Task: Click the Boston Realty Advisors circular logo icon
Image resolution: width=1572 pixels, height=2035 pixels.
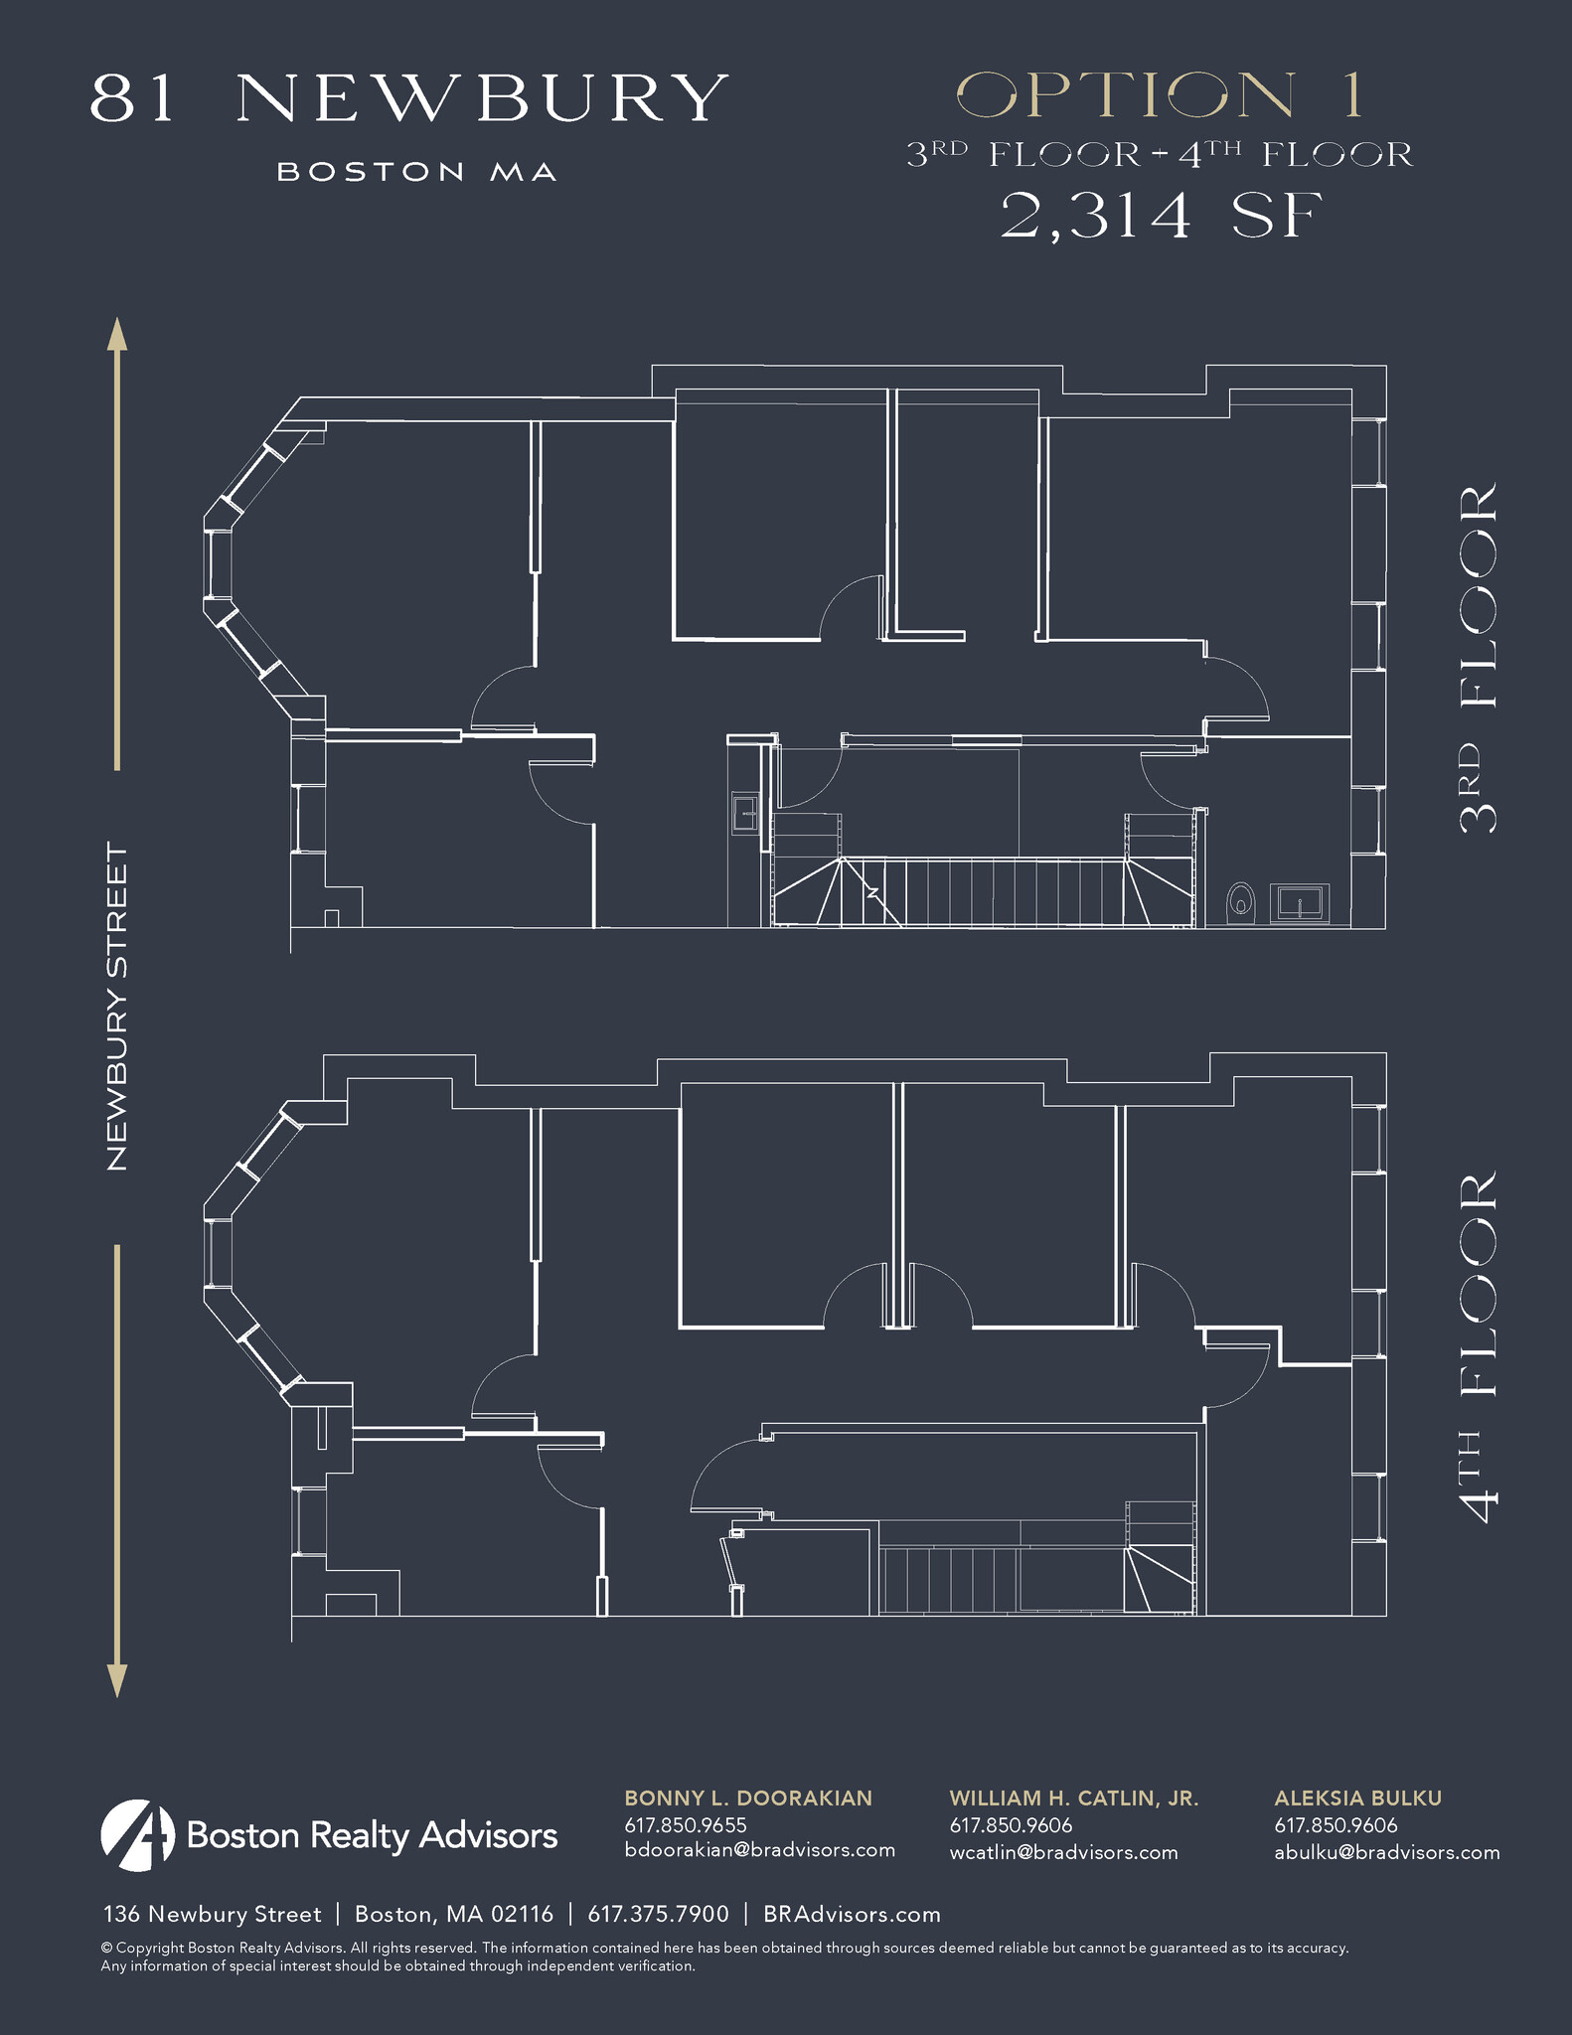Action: click(x=137, y=1834)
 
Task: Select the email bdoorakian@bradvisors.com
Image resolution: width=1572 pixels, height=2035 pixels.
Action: click(x=759, y=1850)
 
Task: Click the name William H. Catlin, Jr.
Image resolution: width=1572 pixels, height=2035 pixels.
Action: click(x=1073, y=1798)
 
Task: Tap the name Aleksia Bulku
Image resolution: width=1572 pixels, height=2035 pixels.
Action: click(x=1357, y=1798)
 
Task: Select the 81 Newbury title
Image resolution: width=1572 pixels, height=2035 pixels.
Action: click(x=409, y=98)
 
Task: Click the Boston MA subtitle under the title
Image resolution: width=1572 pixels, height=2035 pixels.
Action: click(x=415, y=173)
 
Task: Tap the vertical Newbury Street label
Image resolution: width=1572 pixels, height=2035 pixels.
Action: click(x=118, y=1007)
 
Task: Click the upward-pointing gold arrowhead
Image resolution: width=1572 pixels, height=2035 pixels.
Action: click(x=117, y=335)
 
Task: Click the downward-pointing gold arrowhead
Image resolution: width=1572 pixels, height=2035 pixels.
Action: click(x=117, y=1680)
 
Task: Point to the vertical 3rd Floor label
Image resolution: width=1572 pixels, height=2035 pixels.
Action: click(x=1479, y=657)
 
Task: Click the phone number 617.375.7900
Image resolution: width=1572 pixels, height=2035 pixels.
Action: click(x=658, y=1914)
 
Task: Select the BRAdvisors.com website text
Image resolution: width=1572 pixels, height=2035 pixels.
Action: click(x=852, y=1914)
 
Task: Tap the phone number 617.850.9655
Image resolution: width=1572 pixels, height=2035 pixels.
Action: click(x=685, y=1824)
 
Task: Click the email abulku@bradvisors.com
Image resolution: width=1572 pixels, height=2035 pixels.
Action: click(x=1386, y=1851)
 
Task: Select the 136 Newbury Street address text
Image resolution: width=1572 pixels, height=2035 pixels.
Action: click(x=213, y=1914)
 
